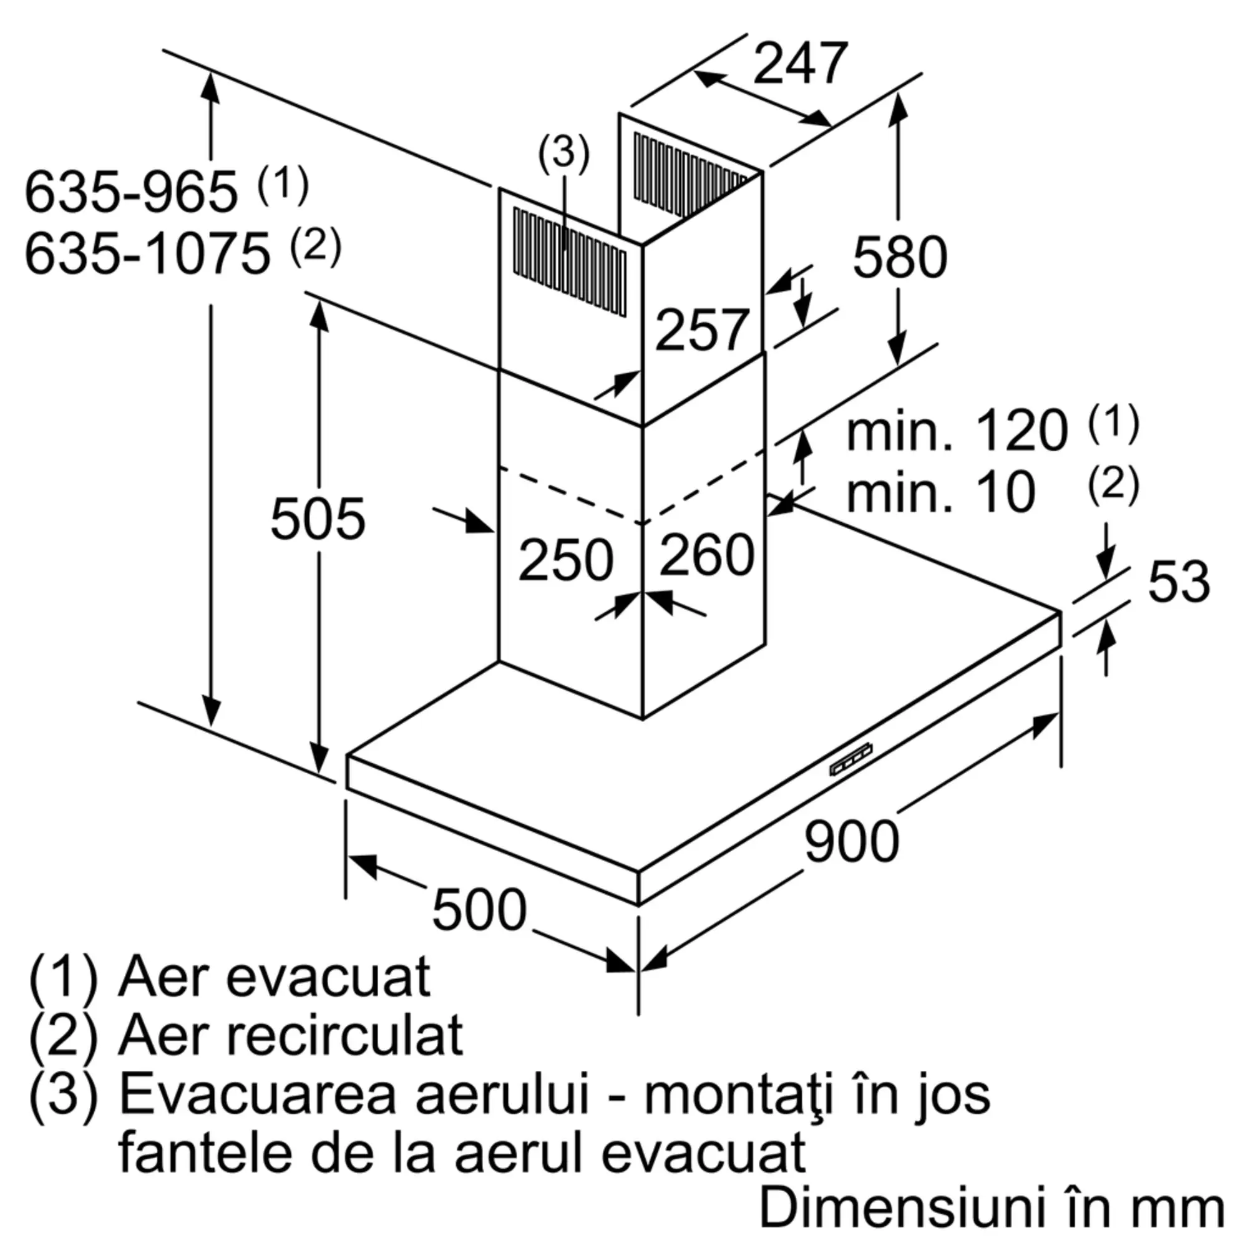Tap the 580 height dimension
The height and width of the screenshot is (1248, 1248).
899,257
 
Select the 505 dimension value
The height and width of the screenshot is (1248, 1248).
317,519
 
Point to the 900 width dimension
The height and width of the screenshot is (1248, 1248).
851,841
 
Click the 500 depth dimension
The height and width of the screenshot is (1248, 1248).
479,910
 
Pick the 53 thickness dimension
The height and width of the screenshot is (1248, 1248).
1178,582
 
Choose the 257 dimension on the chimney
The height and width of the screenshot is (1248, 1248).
701,330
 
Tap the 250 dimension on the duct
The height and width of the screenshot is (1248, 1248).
565,559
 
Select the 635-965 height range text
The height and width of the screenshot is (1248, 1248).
131,192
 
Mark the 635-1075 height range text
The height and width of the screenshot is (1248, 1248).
147,254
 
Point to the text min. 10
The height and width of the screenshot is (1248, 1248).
940,493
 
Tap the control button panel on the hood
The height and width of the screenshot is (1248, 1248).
851,760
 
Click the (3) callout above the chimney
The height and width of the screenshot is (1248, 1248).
563,154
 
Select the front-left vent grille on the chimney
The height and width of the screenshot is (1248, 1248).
569,261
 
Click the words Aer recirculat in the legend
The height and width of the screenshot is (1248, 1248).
291,1035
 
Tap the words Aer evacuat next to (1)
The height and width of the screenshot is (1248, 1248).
274,976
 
